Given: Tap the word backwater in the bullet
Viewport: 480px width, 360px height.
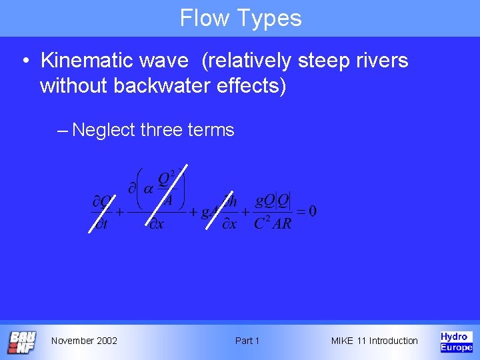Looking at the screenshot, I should (167, 86).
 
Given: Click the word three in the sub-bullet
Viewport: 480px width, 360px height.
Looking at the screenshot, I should (161, 129).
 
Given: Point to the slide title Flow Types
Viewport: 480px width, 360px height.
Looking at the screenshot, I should (240, 18).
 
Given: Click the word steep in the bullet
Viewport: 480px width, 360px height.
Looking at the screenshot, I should (323, 61).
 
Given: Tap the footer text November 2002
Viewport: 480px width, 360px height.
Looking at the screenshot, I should (84, 341).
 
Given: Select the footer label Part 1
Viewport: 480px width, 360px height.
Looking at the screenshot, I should (247, 341).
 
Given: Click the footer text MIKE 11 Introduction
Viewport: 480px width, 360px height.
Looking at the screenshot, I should (375, 341).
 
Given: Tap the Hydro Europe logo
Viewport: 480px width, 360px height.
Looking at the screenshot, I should (456, 341).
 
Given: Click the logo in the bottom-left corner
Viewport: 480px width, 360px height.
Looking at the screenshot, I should (21, 341).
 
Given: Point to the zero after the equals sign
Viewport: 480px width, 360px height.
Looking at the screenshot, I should (312, 211).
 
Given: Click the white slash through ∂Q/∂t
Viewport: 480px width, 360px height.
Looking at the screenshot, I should (102, 211).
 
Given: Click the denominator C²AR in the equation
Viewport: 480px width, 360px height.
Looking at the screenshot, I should (272, 224).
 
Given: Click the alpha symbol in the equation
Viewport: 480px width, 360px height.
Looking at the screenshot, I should (148, 189).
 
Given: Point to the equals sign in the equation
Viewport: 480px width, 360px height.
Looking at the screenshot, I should (300, 212).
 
